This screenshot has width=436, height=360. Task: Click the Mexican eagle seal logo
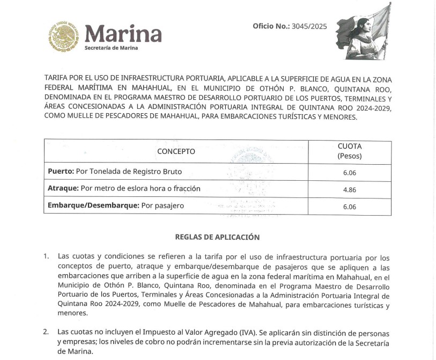coord(63,36)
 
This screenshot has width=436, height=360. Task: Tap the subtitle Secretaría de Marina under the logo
coord(111,48)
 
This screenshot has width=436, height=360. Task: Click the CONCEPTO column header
coord(176,151)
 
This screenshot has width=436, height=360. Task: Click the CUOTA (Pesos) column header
coord(350,151)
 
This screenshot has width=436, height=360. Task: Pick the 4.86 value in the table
coord(350,189)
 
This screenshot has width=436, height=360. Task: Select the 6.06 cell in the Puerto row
coord(350,172)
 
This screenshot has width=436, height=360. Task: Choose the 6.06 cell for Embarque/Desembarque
coord(350,206)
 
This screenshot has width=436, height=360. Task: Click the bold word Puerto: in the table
coord(61,172)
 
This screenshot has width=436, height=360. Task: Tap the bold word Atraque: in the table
coord(63,189)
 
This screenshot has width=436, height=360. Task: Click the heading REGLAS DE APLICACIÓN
coord(217,237)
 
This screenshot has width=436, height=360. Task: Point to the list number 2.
coord(46,333)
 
